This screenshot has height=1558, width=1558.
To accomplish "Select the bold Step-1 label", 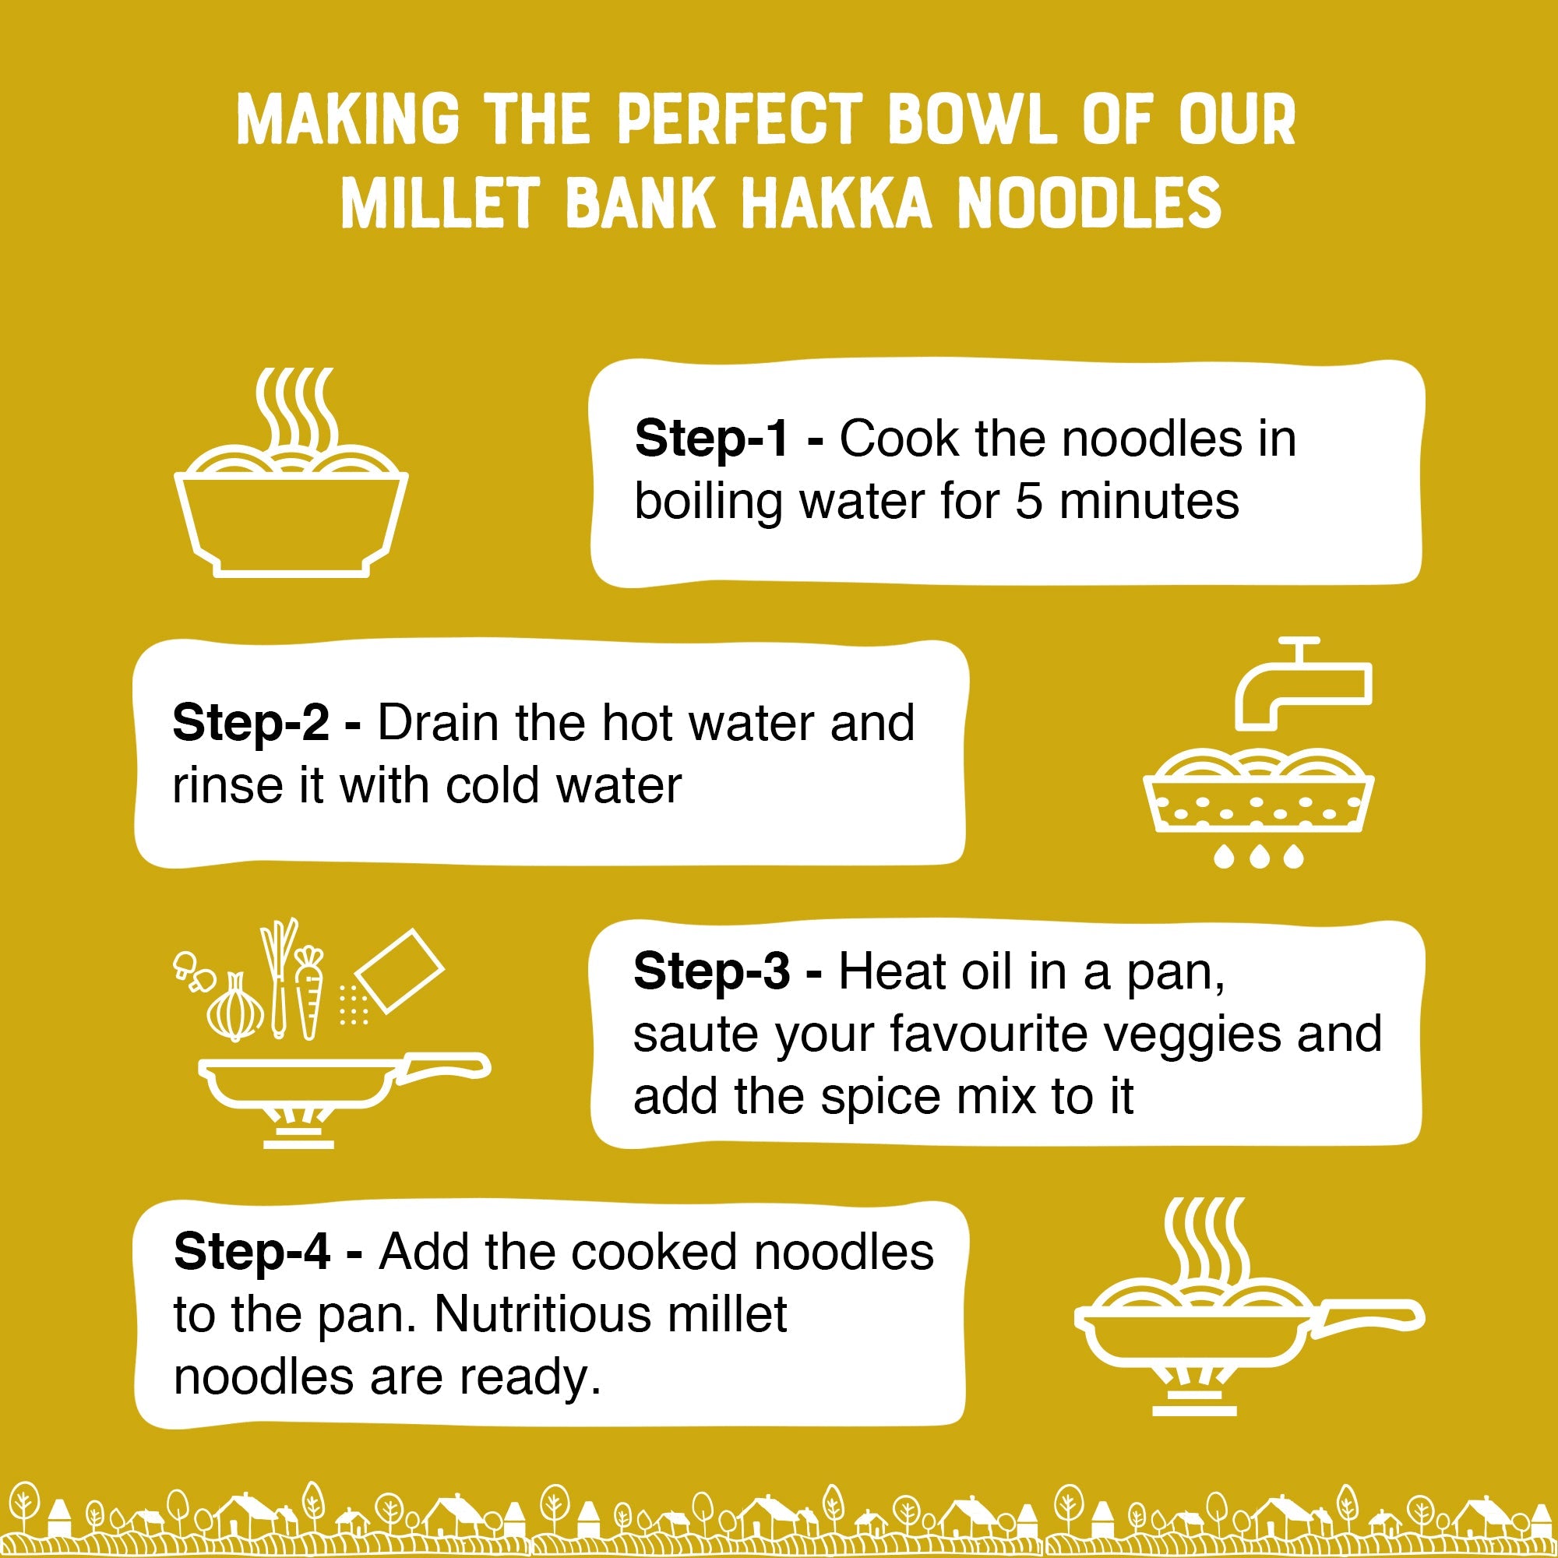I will pyautogui.click(x=710, y=439).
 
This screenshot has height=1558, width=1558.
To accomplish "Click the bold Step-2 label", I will pyautogui.click(x=250, y=723).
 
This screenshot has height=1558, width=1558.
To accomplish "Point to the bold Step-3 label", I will pyautogui.click(x=710, y=971).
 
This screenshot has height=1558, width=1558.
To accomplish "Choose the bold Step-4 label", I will pyautogui.click(x=251, y=1252).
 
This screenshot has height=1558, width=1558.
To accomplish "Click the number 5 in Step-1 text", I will pyautogui.click(x=1028, y=502).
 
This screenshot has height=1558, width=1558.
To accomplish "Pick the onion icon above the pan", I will pyautogui.click(x=234, y=1008).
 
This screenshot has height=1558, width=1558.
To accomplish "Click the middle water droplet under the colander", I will pyautogui.click(x=1259, y=856).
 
